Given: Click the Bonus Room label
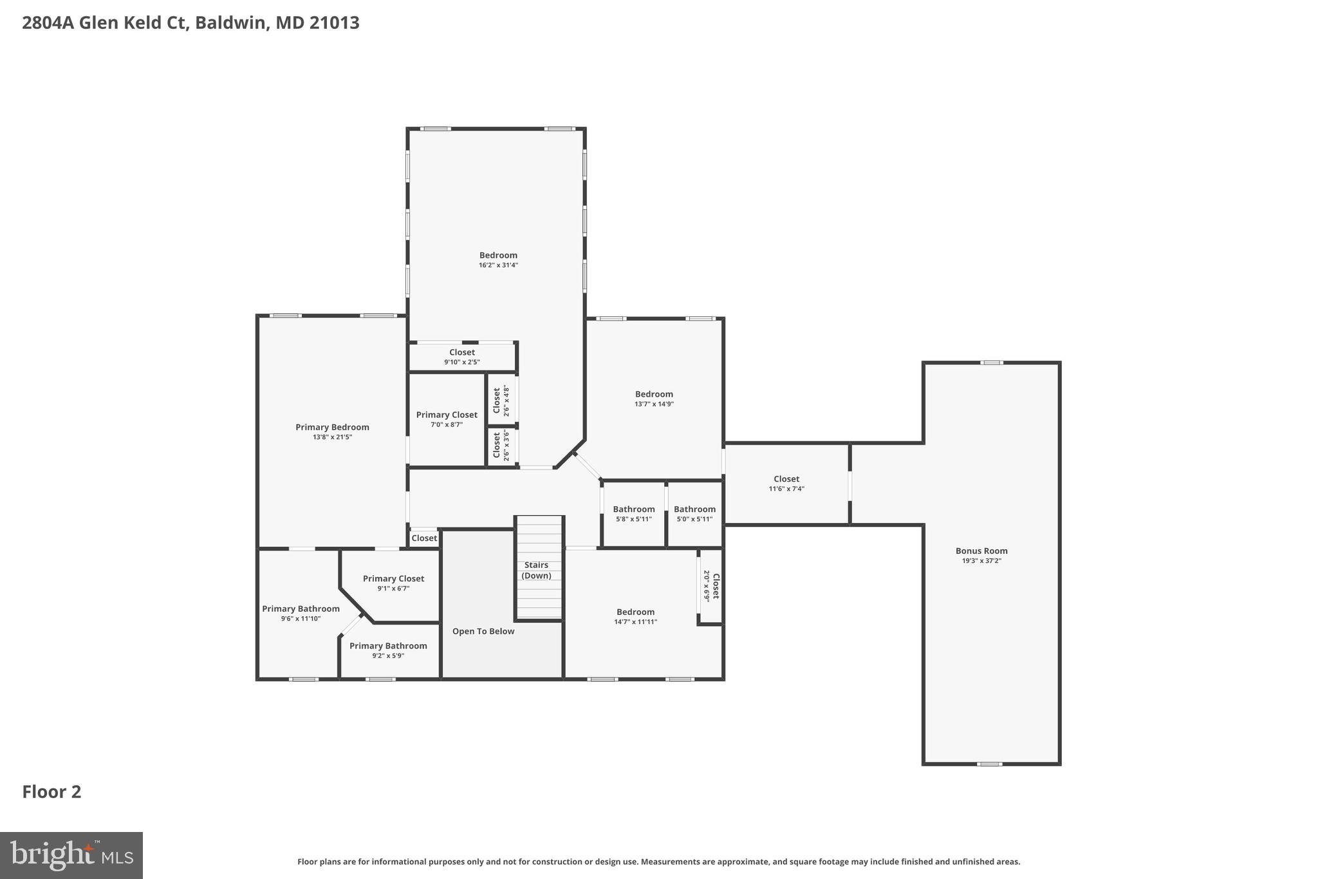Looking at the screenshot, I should point(981,551).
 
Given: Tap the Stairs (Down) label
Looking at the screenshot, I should point(536,570).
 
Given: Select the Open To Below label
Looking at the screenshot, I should point(483,631).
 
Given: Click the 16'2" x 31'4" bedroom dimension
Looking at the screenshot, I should point(498,265).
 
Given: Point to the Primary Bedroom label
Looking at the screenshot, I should point(332,427).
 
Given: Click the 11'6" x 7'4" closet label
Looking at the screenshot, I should point(786,484).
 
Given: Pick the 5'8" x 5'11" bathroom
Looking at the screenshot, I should point(633,514).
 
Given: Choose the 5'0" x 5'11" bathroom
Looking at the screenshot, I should point(694,514).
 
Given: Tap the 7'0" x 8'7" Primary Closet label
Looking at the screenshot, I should point(447,419).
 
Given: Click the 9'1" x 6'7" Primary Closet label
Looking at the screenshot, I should point(393,583).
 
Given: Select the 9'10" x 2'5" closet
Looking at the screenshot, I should point(462,357).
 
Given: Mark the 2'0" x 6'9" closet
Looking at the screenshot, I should point(711,586).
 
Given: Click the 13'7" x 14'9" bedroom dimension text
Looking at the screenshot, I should point(654,404).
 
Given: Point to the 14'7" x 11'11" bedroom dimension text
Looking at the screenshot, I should point(635,622).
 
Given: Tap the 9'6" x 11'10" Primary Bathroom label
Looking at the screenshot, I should point(301,613).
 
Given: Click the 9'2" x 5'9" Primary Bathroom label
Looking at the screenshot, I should point(388,650).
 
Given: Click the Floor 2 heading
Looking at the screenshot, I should point(51,791).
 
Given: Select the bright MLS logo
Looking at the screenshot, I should point(71,855).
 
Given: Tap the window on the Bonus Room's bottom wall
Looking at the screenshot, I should point(990,764).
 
